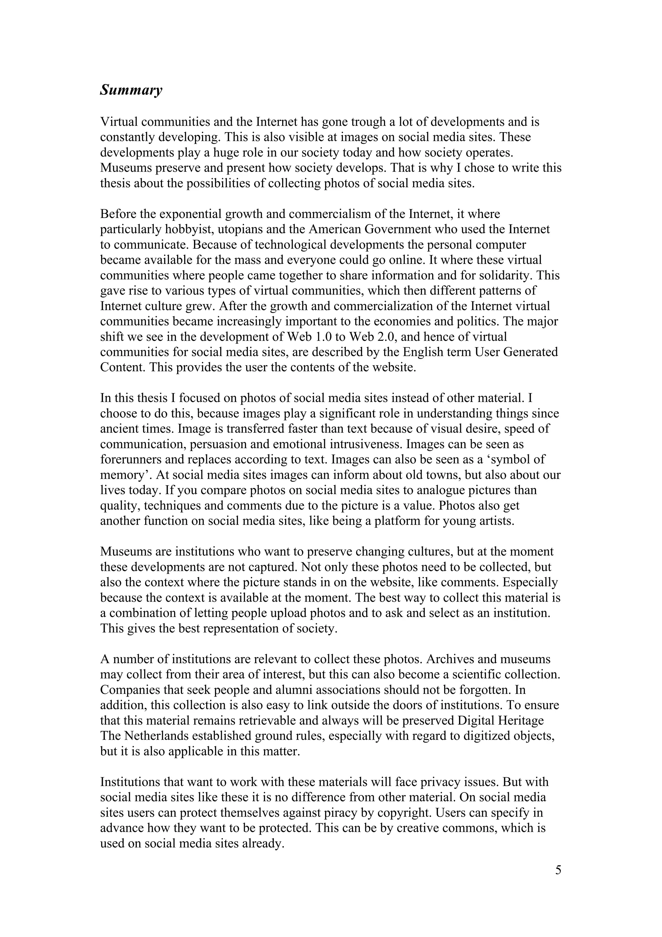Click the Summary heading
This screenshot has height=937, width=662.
[x=131, y=90]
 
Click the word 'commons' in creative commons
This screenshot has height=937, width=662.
[x=469, y=828]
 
